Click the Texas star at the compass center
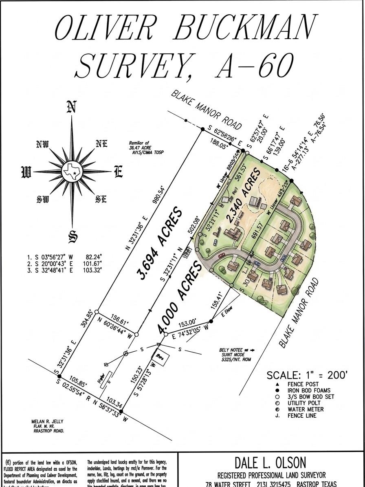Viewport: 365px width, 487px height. [73, 172]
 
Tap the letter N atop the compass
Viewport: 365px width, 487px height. [72, 107]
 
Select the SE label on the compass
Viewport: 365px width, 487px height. [101, 199]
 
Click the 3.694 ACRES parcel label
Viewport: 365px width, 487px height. [160, 244]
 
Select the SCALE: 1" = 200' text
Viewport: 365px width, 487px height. [307, 375]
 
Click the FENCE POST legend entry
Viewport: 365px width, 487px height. [303, 384]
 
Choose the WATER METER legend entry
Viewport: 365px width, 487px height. [305, 409]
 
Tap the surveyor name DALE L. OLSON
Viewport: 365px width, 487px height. [270, 463]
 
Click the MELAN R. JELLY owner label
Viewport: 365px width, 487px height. [47, 421]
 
